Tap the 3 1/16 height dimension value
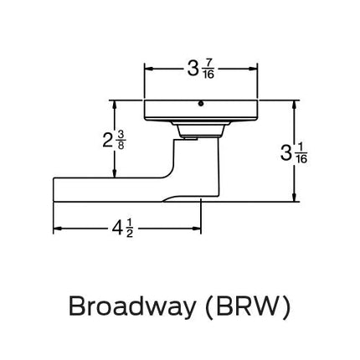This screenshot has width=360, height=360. pos(292,153)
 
